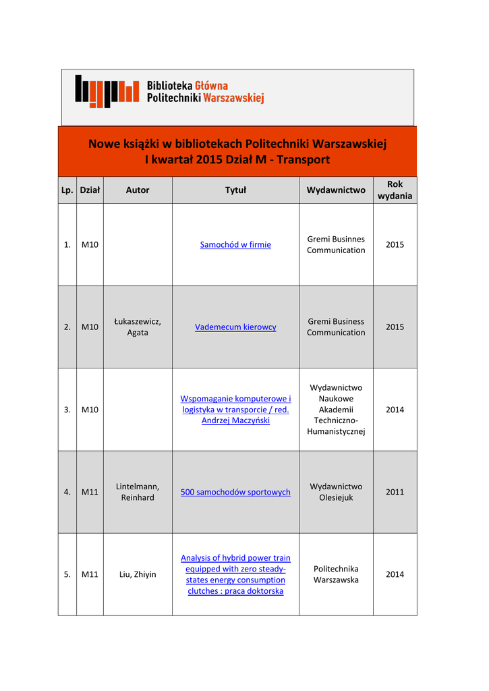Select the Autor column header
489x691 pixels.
tap(138, 190)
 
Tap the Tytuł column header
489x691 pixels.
tap(235, 190)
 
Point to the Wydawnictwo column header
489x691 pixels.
tap(336, 190)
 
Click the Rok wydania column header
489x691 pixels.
tap(395, 190)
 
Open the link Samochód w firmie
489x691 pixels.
tap(235, 245)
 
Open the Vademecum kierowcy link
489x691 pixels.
tap(235, 327)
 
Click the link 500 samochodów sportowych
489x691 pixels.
tap(235, 492)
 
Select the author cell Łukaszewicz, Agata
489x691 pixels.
tap(138, 327)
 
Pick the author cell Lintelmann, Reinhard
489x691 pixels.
tap(138, 492)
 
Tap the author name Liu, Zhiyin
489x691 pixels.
tap(138, 574)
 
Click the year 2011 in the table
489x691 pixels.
tap(395, 492)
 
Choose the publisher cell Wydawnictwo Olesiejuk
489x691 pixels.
tap(336, 492)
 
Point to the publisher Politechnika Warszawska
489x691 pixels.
tap(336, 574)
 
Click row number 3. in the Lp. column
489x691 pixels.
tap(67, 410)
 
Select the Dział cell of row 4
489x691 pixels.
tap(90, 492)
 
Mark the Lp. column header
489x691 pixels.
tap(67, 190)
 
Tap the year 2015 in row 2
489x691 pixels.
tap(395, 327)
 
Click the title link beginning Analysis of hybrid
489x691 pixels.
tap(235, 574)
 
